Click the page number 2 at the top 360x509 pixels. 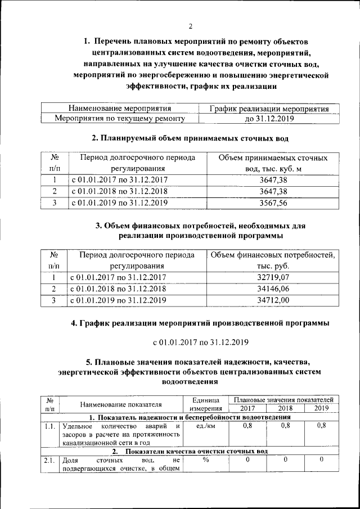190,26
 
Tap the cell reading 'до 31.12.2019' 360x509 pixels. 266,119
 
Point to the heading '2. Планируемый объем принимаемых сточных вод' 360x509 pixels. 190,138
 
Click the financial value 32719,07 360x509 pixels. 273,277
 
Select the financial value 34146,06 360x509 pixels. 273,289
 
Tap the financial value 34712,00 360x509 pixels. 273,300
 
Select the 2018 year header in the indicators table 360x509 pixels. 285,408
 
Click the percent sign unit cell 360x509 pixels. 206,460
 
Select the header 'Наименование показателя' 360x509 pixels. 121,404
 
